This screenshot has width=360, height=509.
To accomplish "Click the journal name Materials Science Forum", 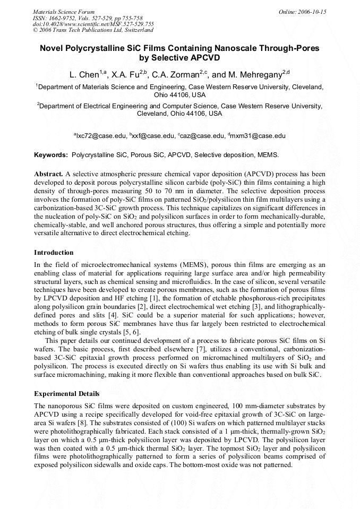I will pyautogui.click(x=64, y=11).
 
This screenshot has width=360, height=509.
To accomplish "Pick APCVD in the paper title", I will pyautogui.click(x=202, y=58).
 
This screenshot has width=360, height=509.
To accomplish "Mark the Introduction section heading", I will pyautogui.click(x=54, y=252).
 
